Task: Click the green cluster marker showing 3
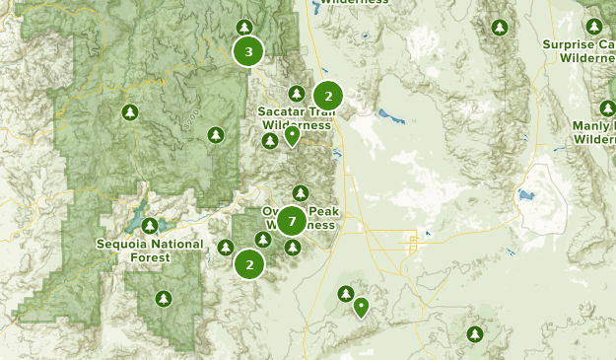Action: [x=248, y=51]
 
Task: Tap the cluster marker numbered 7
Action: [x=291, y=221]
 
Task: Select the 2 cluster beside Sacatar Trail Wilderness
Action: [x=327, y=96]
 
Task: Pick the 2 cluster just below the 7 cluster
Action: [x=249, y=263]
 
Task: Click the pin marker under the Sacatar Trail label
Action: [x=292, y=136]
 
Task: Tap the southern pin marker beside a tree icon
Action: [x=362, y=308]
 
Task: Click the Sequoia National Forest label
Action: [x=150, y=251]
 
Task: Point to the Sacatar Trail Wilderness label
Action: [x=295, y=118]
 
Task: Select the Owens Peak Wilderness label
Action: [x=300, y=218]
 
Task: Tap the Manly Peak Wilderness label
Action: [x=593, y=132]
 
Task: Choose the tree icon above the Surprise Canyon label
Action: [x=593, y=27]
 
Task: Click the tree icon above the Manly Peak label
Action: [x=606, y=108]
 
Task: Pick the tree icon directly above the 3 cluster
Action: [x=245, y=27]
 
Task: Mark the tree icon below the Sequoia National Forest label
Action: [x=164, y=298]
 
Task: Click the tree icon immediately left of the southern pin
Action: [x=345, y=293]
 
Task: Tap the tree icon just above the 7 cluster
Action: [x=301, y=192]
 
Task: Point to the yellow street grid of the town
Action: [x=412, y=241]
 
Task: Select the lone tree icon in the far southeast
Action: [x=475, y=334]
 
